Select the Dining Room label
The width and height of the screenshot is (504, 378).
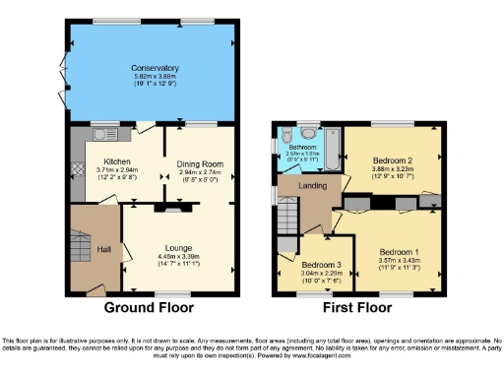[x=201, y=162]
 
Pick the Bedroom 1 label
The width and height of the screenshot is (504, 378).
[x=400, y=252]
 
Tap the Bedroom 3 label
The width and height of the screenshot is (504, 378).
[x=320, y=266]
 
